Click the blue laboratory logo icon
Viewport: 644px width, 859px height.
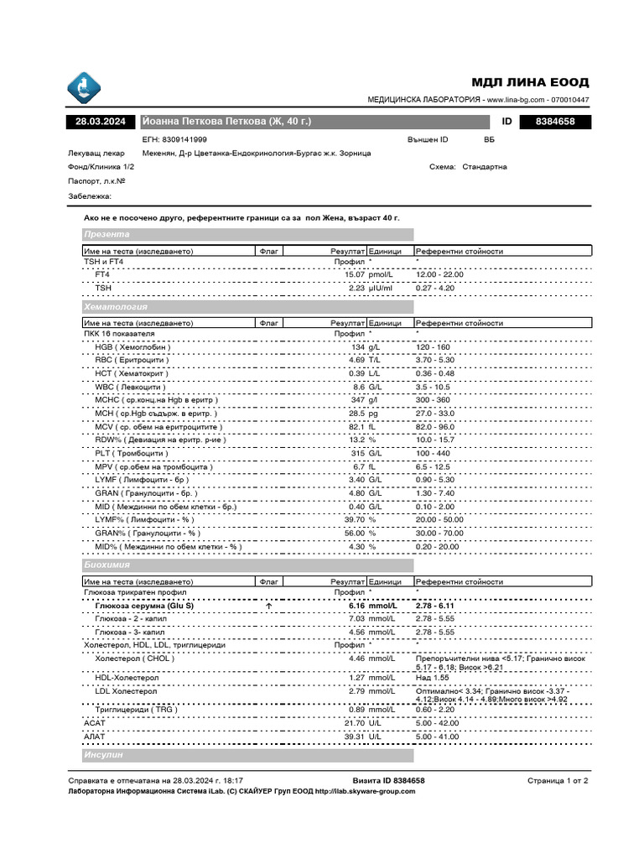84,86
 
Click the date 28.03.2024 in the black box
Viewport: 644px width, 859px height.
100,122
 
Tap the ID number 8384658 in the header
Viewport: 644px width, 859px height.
554,122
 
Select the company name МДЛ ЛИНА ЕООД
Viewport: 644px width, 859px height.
530,82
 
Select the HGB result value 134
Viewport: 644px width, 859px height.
359,347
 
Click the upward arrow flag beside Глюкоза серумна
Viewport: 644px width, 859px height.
268,605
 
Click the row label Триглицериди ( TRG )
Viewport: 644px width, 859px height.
137,709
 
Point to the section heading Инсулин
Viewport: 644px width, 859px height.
104,756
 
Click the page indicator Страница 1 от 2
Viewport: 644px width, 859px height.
558,780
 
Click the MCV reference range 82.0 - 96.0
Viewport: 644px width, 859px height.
439,426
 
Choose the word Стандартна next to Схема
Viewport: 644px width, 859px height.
485,166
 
